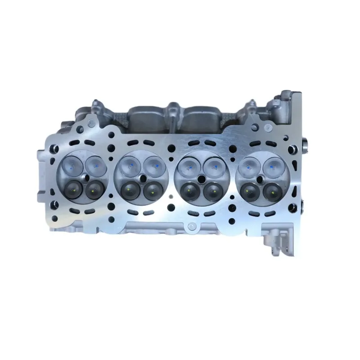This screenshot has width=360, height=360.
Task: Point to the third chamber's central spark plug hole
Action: pos(201,178)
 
